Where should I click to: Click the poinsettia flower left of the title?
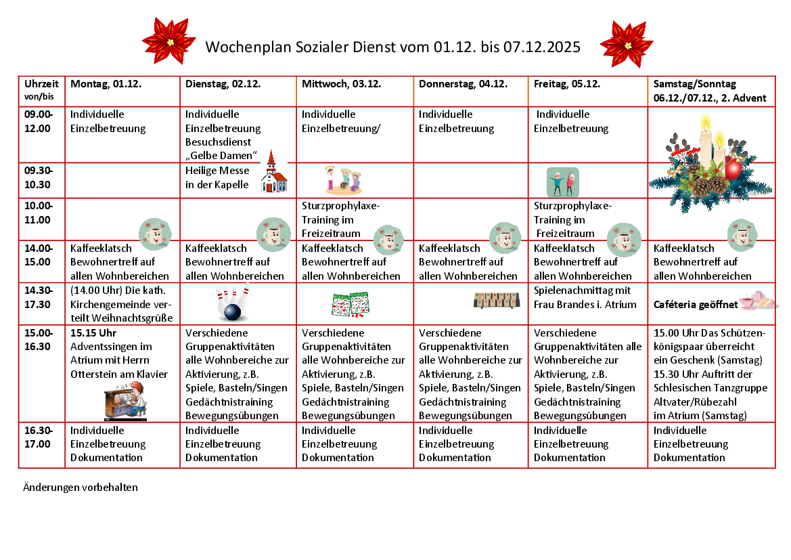point(169,42)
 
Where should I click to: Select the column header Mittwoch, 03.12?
point(342,85)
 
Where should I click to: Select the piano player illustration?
point(126,400)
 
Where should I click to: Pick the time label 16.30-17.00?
point(38,437)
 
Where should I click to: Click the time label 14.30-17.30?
point(38,297)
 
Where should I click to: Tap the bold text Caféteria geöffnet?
point(696,305)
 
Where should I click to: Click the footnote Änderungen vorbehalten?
point(81,487)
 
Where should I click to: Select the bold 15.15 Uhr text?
point(93,333)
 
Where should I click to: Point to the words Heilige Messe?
point(217,171)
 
